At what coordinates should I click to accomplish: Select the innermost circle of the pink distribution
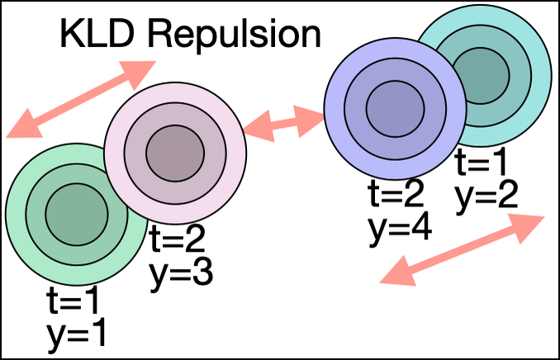tap(175, 152)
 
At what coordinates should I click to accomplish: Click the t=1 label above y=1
tap(76, 304)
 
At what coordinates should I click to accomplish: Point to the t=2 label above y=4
tap(396, 195)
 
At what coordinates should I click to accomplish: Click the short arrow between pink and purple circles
tap(284, 123)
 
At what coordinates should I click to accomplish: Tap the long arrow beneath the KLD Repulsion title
tap(82, 100)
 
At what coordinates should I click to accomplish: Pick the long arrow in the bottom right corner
tap(462, 250)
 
